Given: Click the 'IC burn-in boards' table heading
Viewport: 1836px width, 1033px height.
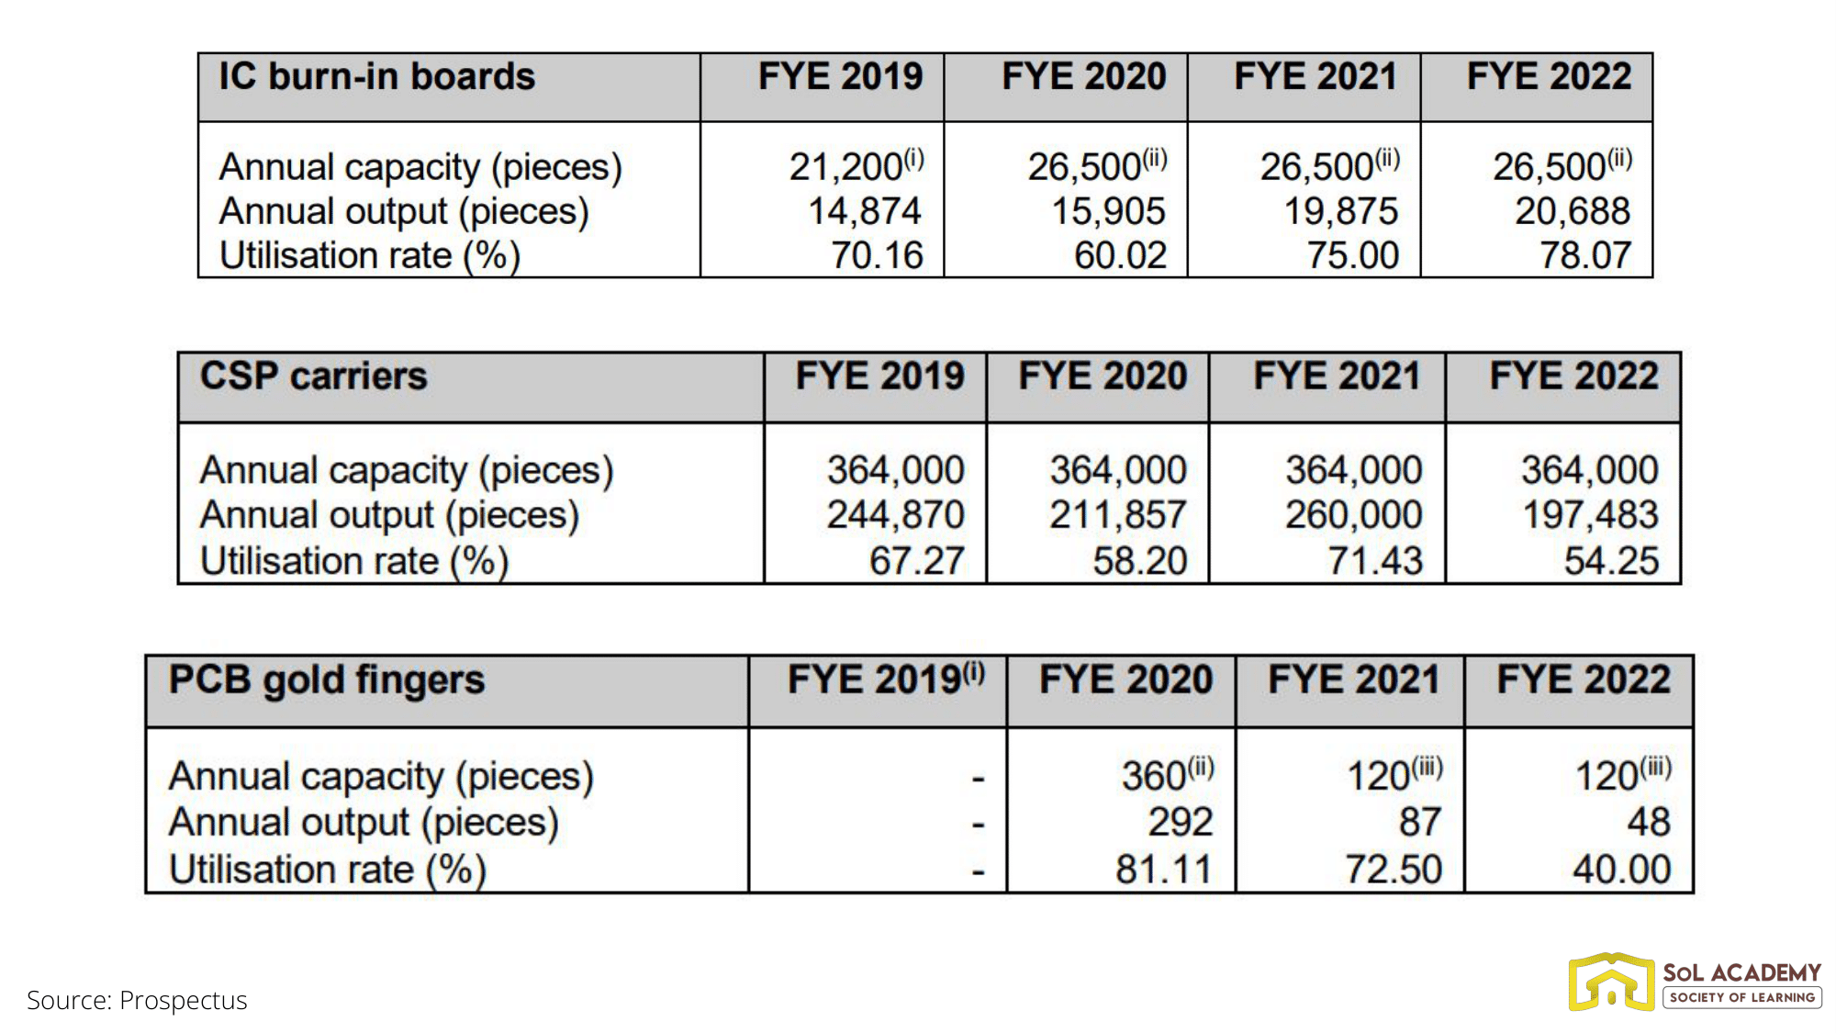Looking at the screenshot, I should [x=376, y=77].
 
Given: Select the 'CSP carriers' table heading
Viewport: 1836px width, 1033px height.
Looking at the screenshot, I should [x=314, y=376].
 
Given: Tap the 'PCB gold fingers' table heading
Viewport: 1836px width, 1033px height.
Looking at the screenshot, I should [x=326, y=680].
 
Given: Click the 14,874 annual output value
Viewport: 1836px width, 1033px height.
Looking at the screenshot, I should [x=864, y=211].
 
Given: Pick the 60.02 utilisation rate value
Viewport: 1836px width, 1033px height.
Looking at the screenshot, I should [x=1120, y=255].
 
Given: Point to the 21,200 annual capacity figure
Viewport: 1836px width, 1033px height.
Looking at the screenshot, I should [x=846, y=167].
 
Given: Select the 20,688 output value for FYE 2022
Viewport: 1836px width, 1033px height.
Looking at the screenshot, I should [x=1572, y=211].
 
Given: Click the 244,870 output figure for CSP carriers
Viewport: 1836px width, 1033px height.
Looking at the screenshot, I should [x=895, y=515].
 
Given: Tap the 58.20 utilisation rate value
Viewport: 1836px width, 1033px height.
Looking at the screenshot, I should [x=1139, y=561].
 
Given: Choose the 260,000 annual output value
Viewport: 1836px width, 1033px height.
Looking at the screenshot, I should [x=1353, y=515].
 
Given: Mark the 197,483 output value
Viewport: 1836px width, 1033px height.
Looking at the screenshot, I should [x=1590, y=515].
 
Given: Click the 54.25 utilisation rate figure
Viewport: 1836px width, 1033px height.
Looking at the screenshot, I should [x=1611, y=561].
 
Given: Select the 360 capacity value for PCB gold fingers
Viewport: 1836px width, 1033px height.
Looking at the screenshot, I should [x=1154, y=777].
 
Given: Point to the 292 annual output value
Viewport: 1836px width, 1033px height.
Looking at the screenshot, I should [x=1180, y=822].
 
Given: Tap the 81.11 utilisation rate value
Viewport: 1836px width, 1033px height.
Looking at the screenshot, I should [x=1163, y=870].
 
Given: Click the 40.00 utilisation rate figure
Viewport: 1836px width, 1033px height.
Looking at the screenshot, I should [x=1621, y=870].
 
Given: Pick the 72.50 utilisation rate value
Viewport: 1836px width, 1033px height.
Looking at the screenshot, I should [x=1394, y=870].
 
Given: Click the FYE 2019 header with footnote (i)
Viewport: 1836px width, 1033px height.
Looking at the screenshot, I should [x=886, y=680].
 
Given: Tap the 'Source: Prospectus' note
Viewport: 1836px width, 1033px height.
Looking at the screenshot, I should [x=137, y=1000].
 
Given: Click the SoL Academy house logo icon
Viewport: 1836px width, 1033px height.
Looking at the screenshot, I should [x=1611, y=982].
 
